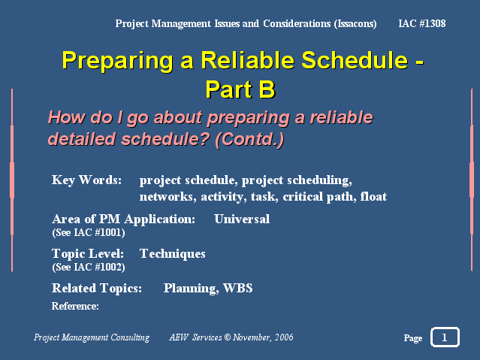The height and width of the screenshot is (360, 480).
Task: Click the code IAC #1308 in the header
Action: pyautogui.click(x=422, y=23)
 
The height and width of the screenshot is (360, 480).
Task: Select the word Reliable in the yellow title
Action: pyautogui.click(x=247, y=60)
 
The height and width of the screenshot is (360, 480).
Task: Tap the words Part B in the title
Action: pyautogui.click(x=240, y=89)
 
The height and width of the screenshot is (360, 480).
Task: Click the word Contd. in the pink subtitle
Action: pyautogui.click(x=249, y=139)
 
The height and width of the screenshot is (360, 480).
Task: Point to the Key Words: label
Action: pyautogui.click(x=86, y=180)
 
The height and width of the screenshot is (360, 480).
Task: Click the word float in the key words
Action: pyautogui.click(x=373, y=196)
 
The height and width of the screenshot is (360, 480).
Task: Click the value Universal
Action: pyautogui.click(x=242, y=219)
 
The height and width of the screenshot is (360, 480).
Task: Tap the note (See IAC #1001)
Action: pyautogui.click(x=89, y=232)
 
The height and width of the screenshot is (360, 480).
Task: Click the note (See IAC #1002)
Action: pyautogui.click(x=89, y=267)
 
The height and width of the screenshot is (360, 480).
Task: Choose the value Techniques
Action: pyautogui.click(x=172, y=254)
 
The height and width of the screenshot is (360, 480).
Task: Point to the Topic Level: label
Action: pyautogui.click(x=88, y=254)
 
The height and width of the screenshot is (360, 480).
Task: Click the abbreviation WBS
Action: pyautogui.click(x=237, y=289)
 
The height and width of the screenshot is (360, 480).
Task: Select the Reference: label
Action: pyautogui.click(x=75, y=306)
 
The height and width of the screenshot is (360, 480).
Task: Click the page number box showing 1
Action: pyautogui.click(x=445, y=337)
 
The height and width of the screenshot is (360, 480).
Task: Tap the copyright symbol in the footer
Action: pyautogui.click(x=227, y=337)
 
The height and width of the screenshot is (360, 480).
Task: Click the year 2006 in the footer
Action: pyautogui.click(x=284, y=337)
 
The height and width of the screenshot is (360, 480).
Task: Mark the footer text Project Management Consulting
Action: pyautogui.click(x=92, y=337)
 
